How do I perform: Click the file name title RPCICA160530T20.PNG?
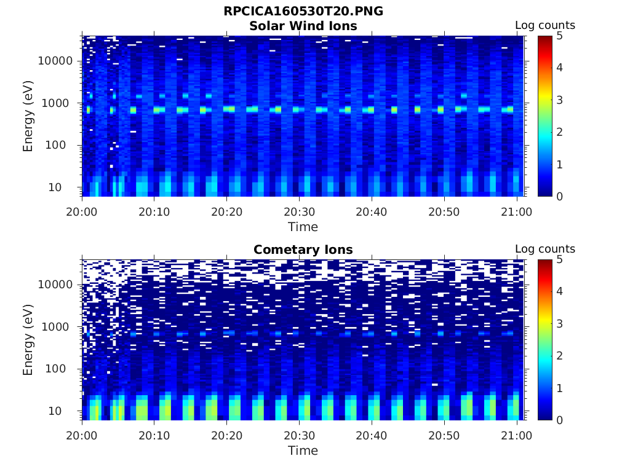click(303, 12)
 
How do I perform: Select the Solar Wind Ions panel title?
click(303, 26)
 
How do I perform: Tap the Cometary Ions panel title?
click(303, 250)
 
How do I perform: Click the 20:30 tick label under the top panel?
click(299, 211)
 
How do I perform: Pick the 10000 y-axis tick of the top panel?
click(56, 61)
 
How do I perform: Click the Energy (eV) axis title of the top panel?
click(28, 116)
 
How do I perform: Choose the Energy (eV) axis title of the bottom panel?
click(28, 340)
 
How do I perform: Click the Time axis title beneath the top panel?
click(303, 227)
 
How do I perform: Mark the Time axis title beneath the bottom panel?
click(303, 450)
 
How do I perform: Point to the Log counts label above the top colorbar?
click(544, 25)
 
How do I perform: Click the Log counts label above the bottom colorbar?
click(544, 249)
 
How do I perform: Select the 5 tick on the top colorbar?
click(560, 36)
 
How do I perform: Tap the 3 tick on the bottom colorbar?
click(560, 324)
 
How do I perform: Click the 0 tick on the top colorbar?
click(560, 196)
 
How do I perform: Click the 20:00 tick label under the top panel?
click(82, 211)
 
